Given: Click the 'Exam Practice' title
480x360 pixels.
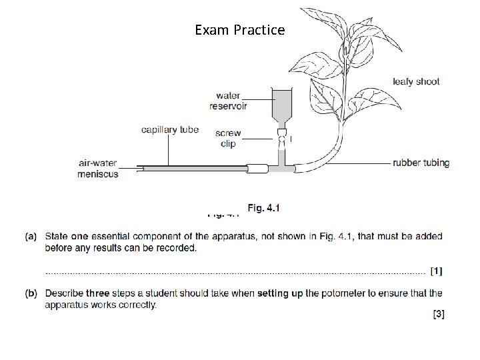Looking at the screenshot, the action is coord(239,30).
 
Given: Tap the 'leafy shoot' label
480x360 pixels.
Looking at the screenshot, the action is coord(416,82).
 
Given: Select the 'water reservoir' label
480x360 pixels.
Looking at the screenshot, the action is coord(225,100).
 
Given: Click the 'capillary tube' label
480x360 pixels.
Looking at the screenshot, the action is coord(170,129).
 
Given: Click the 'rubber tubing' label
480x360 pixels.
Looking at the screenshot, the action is coord(421,162).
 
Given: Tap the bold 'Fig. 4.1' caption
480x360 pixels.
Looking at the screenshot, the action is coord(263,208).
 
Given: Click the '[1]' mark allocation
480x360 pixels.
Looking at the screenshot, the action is coord(436,271).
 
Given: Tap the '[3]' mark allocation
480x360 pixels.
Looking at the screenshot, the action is coord(437,315).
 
